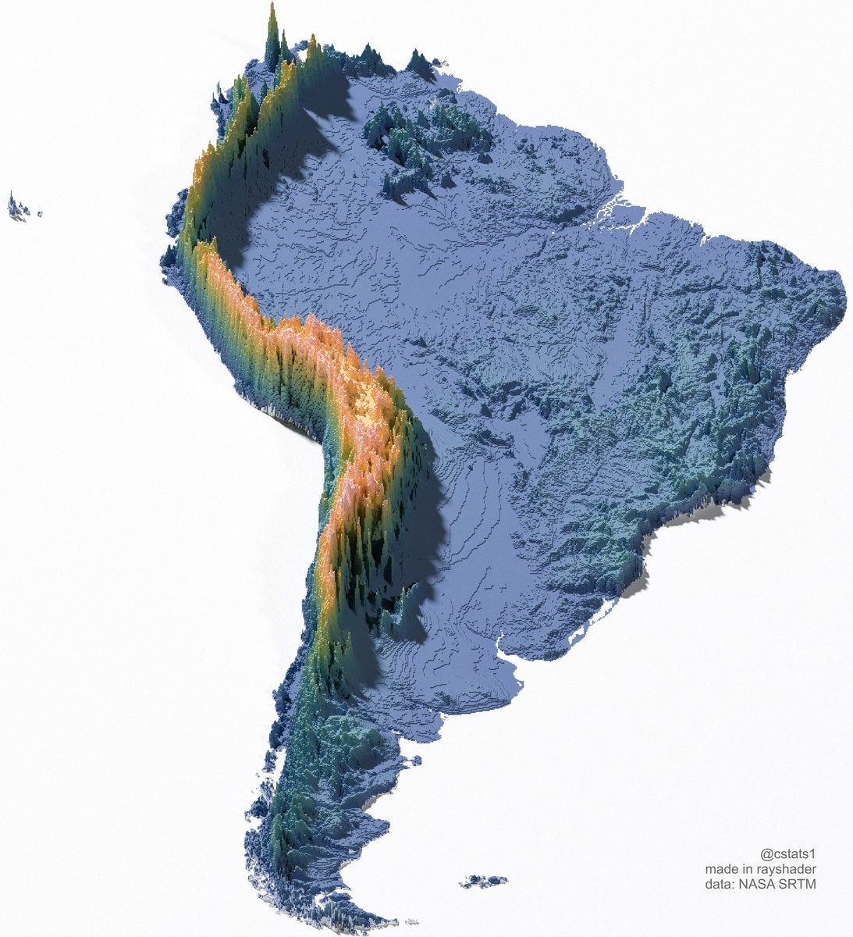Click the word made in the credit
tap(720, 869)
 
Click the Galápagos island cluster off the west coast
tap(22, 208)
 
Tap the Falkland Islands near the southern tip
tap(484, 882)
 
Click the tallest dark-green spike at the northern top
tap(272, 31)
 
